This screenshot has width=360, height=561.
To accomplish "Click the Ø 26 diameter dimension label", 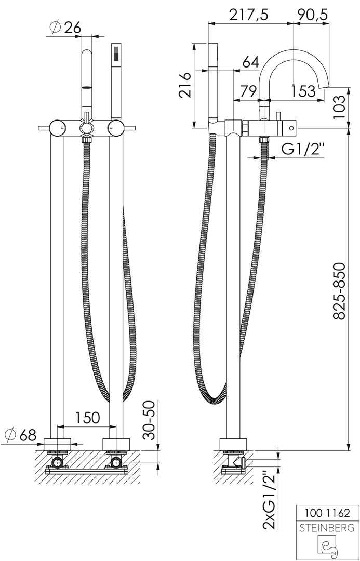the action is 66,27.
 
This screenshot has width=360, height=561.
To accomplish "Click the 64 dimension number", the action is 250,62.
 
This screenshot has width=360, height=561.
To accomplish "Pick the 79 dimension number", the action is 248,91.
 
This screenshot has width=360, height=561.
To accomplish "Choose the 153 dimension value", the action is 302,91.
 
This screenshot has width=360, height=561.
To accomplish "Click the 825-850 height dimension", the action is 339,291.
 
